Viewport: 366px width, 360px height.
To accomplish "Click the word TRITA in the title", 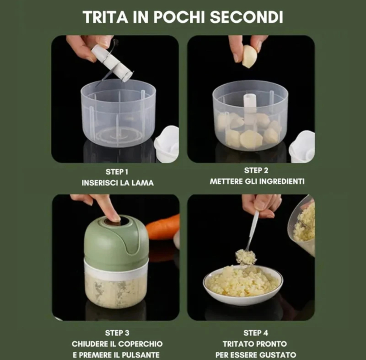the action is tap(105, 17).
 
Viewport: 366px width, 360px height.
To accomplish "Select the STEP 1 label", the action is tap(117, 172).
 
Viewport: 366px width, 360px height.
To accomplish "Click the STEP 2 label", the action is tap(256, 170).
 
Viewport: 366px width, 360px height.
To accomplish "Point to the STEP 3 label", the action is tap(117, 333).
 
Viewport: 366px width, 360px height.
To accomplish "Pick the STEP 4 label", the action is tap(256, 333).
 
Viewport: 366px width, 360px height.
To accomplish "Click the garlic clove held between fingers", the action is tap(249, 56).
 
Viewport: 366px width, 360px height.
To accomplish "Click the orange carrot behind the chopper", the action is tap(163, 226).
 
